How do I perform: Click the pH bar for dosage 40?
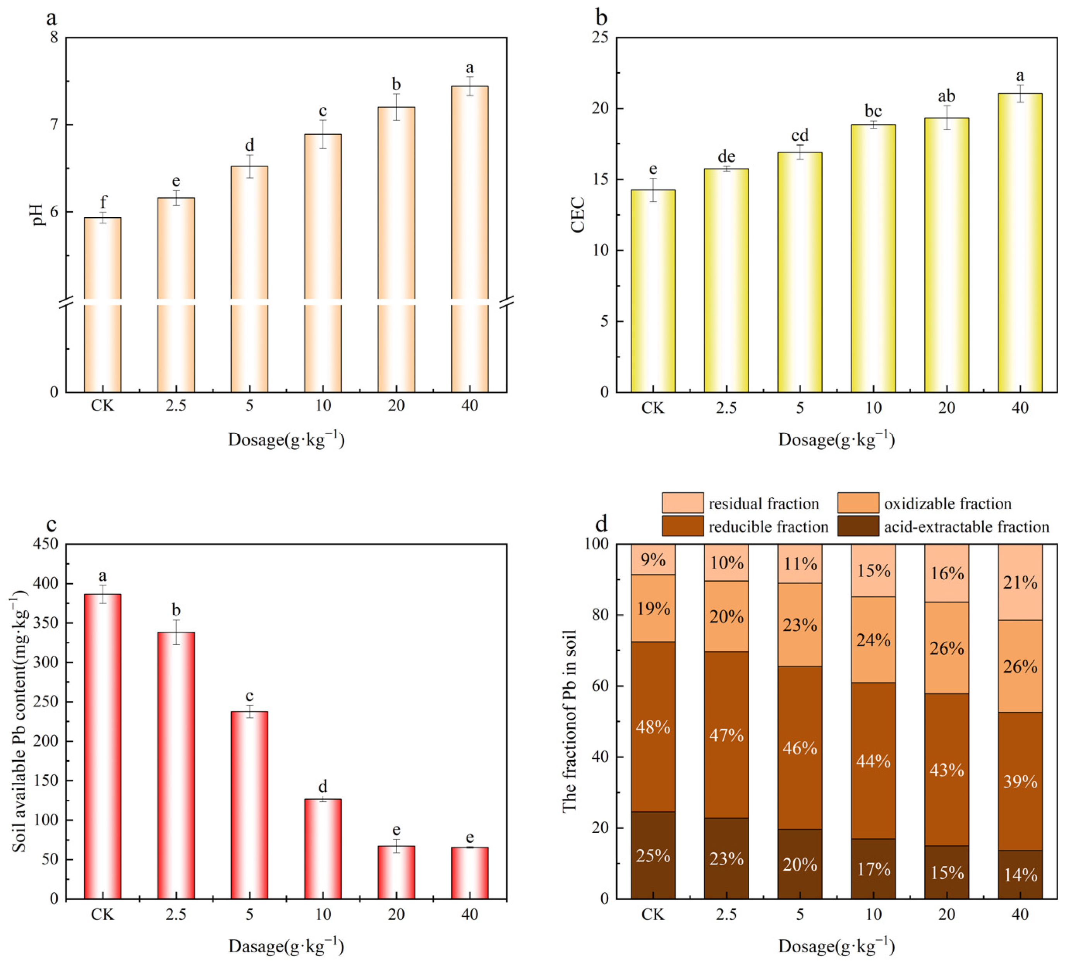470,238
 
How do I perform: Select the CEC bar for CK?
653,291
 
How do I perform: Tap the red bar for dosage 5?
249,804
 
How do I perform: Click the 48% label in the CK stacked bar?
653,727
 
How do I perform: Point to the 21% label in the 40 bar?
1020,582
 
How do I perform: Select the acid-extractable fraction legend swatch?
858,526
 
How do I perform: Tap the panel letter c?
51,524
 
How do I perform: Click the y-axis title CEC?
578,214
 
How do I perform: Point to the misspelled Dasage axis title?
286,946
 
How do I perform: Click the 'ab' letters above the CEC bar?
946,96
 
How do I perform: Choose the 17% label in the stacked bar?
874,869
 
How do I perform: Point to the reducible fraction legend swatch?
682,526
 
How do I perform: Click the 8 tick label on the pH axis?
54,38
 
